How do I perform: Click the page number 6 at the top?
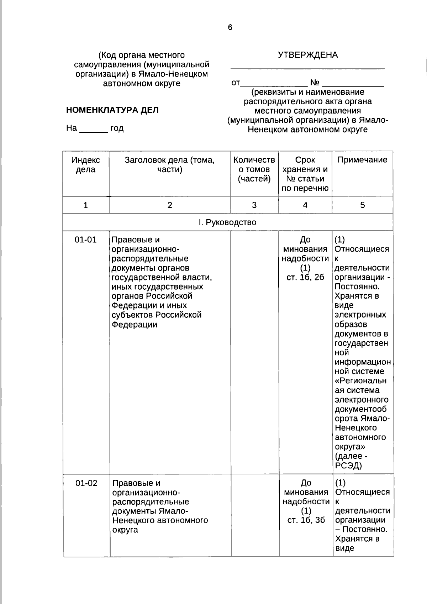230,27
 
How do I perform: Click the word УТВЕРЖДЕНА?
307,55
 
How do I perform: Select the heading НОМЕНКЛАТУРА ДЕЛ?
112,110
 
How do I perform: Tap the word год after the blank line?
117,128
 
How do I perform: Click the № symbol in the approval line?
315,83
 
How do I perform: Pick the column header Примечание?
362,160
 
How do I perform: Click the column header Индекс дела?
86,165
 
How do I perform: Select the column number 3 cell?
254,205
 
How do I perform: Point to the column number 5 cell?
362,205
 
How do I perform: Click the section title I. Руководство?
227,222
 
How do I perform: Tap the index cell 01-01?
86,240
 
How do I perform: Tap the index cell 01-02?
86,483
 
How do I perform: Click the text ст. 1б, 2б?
305,277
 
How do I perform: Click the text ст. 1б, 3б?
306,520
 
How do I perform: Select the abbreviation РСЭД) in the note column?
348,465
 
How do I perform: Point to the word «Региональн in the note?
360,381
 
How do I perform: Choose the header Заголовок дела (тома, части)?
170,165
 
